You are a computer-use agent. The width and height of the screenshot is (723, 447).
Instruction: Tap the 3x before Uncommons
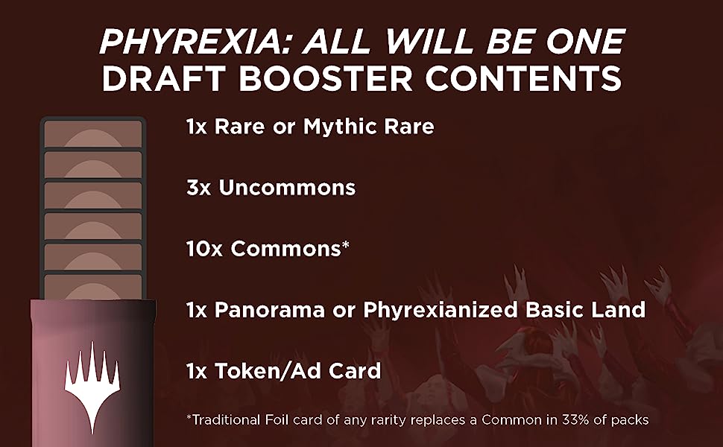click(198, 188)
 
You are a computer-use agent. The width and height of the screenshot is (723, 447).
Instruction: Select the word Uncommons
click(287, 188)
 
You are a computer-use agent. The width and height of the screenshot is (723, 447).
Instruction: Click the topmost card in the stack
click(93, 133)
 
